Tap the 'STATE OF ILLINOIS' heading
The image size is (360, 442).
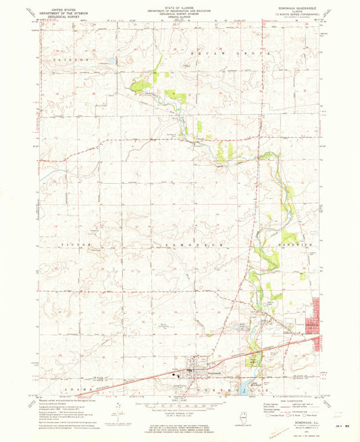coord(179,5)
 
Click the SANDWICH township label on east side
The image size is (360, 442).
coord(295,243)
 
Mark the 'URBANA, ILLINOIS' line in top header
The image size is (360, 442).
coord(179,18)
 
